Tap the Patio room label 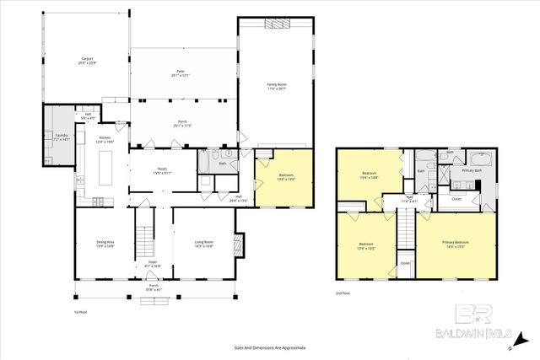point(181,74)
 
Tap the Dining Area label point(105,244)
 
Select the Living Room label point(202,244)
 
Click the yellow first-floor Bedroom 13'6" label point(285,177)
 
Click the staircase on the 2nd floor point(406,228)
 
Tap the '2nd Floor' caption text point(343,293)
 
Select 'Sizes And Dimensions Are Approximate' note point(270,347)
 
